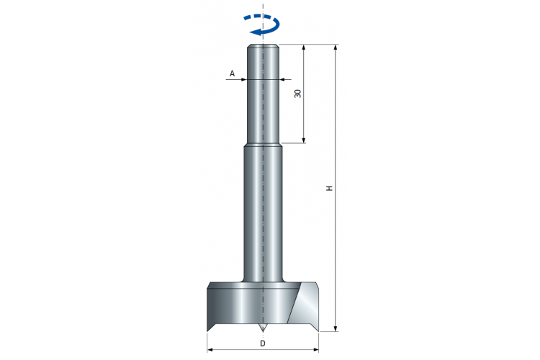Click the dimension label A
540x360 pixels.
(x=232, y=73)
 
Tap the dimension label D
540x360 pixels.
(x=263, y=343)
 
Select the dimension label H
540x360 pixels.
(x=330, y=188)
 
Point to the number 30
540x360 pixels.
(x=298, y=94)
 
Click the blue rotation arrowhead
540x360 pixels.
(x=256, y=32)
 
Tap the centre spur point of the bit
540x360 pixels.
(x=263, y=328)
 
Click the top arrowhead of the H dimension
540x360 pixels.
(x=336, y=48)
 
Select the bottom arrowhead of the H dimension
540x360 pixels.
(x=336, y=328)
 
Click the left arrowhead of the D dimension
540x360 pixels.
(x=210, y=350)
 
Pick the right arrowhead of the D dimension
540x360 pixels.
(x=315, y=350)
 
